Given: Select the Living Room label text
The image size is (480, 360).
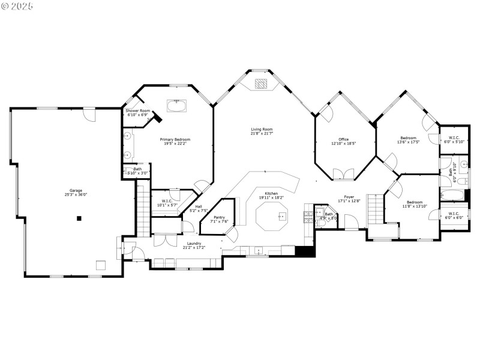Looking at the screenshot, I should [x=262, y=129].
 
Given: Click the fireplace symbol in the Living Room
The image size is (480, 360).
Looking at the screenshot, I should [x=262, y=84].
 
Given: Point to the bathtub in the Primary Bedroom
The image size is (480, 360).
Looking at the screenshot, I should [x=177, y=107].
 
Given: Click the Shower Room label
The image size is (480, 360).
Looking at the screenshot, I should [x=137, y=111].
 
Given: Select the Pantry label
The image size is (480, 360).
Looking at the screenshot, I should [x=218, y=217].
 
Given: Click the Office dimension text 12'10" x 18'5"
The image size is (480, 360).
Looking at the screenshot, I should [x=344, y=143].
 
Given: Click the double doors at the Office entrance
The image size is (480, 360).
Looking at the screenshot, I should [x=343, y=174].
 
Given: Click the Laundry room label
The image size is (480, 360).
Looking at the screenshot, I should [x=194, y=243].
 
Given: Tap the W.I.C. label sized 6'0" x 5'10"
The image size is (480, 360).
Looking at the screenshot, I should [x=454, y=140].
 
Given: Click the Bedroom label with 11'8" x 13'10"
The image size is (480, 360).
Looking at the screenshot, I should [x=415, y=202].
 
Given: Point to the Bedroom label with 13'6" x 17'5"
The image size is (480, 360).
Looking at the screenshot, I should [x=408, y=138].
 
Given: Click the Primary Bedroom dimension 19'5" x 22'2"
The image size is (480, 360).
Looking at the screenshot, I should [x=175, y=143].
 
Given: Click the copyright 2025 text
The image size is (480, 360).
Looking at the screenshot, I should [x=17, y=5].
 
